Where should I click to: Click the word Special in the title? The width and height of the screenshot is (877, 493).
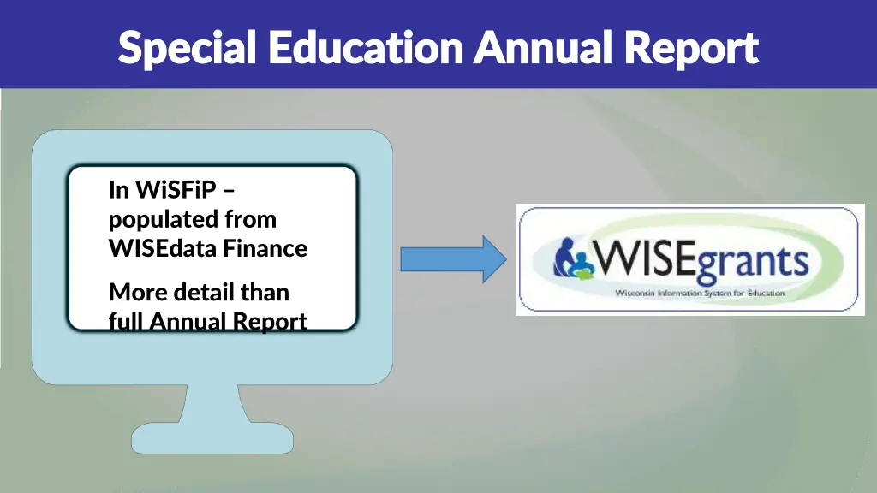pyautogui.click(x=187, y=48)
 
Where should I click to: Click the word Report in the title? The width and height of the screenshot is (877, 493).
pyautogui.click(x=691, y=48)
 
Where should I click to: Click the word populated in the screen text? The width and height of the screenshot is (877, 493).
pyautogui.click(x=164, y=220)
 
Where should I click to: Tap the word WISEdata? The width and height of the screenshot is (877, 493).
pyautogui.click(x=164, y=249)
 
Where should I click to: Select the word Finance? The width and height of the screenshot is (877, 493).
pyautogui.click(x=265, y=249)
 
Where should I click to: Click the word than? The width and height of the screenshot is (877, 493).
pyautogui.click(x=265, y=293)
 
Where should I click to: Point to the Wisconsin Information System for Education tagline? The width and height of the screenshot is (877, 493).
pyautogui.click(x=699, y=293)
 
